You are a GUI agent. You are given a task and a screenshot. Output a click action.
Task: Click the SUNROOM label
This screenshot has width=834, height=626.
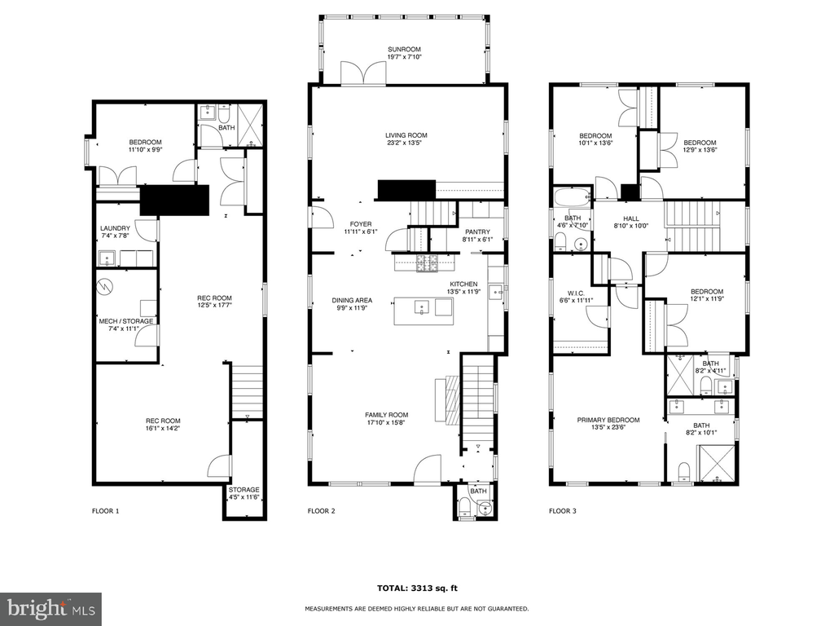pyautogui.click(x=404, y=50)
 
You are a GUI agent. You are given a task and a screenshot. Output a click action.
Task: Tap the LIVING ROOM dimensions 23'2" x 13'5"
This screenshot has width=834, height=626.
pyautogui.click(x=406, y=143)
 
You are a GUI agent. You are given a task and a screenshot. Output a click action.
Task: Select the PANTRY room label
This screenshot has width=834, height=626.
pyautogui.click(x=477, y=232)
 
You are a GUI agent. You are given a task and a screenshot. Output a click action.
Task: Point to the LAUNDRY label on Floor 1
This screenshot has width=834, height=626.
pyautogui.click(x=115, y=228)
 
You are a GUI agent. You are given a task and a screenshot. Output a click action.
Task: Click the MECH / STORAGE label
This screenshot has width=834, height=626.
pyautogui.click(x=126, y=321)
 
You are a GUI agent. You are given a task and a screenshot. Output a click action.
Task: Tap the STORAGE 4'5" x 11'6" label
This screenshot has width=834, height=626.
pyautogui.click(x=244, y=493)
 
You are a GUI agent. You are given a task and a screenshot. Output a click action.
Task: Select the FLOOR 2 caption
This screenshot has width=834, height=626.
pyautogui.click(x=321, y=511)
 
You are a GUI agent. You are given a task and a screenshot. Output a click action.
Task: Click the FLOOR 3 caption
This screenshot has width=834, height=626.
pyautogui.click(x=563, y=511)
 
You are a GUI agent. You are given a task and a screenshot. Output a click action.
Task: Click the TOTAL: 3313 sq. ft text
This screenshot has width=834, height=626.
pyautogui.click(x=417, y=589)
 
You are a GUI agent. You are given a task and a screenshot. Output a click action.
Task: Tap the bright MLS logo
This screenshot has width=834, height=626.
pyautogui.click(x=50, y=609)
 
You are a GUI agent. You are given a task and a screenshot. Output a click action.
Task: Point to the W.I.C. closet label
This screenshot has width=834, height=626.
pyautogui.click(x=576, y=293)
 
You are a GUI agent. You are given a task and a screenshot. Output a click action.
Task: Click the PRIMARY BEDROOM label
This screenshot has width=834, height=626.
pyautogui.click(x=608, y=420)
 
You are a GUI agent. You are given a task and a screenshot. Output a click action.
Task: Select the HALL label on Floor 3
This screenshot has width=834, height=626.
pyautogui.click(x=631, y=218)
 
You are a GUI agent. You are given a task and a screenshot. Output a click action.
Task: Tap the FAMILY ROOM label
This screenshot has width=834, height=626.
pyautogui.click(x=387, y=415)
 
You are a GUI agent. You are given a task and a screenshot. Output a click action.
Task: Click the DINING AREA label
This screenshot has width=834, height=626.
pyautogui.click(x=352, y=301)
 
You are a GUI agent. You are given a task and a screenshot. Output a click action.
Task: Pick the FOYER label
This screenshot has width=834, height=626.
pyautogui.click(x=361, y=224)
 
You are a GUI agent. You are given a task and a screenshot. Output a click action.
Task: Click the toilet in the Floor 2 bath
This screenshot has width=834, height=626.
pyautogui.click(x=466, y=507)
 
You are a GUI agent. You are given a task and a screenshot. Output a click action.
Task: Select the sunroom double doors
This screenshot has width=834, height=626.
pyautogui.click(x=363, y=73)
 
